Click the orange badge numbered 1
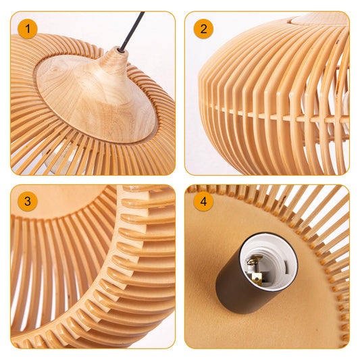pos(28,28)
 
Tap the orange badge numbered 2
pos(203,28)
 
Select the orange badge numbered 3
pos(28,201)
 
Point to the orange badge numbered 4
pos(203,201)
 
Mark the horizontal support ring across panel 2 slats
pos(270,112)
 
